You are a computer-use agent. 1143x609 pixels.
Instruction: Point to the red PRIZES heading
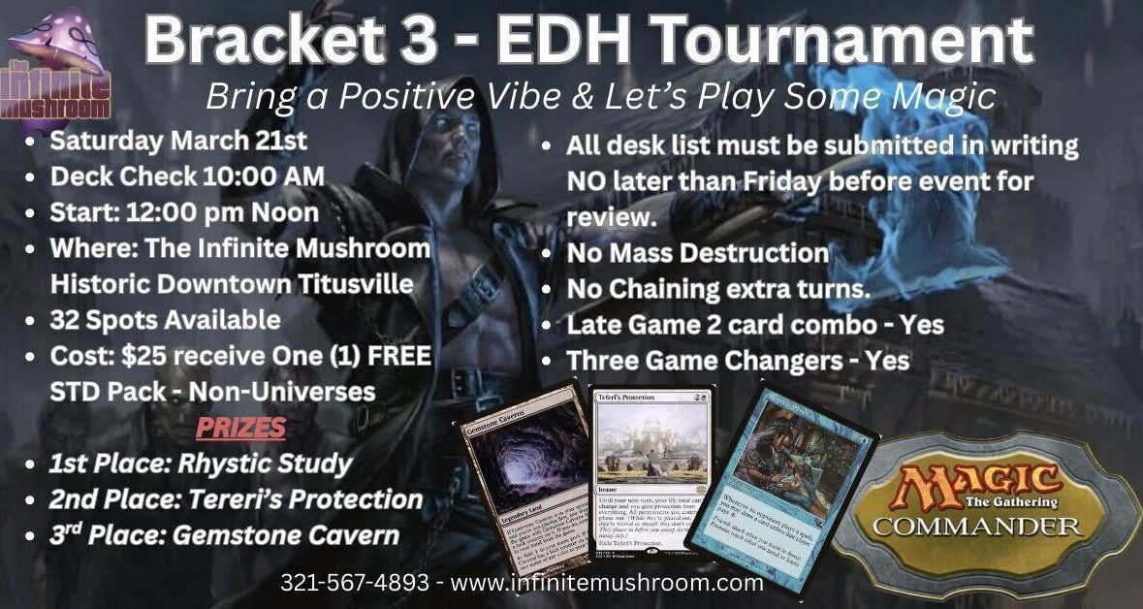pyautogui.click(x=241, y=428)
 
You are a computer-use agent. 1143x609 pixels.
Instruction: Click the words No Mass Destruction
pyautogui.click(x=697, y=254)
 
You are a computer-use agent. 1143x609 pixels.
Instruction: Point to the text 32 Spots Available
pyautogui.click(x=165, y=320)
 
